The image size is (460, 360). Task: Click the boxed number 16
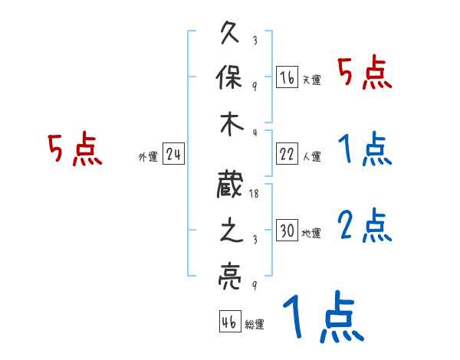pyautogui.click(x=287, y=77)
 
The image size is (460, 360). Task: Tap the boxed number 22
pyautogui.click(x=287, y=154)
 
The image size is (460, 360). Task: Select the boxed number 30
pyautogui.click(x=287, y=231)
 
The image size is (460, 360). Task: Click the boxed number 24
pyautogui.click(x=173, y=154)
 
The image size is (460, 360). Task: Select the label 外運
pyautogui.click(x=147, y=157)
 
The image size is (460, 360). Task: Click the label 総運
pyautogui.click(x=255, y=325)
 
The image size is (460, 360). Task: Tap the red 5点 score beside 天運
pyautogui.click(x=365, y=74)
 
